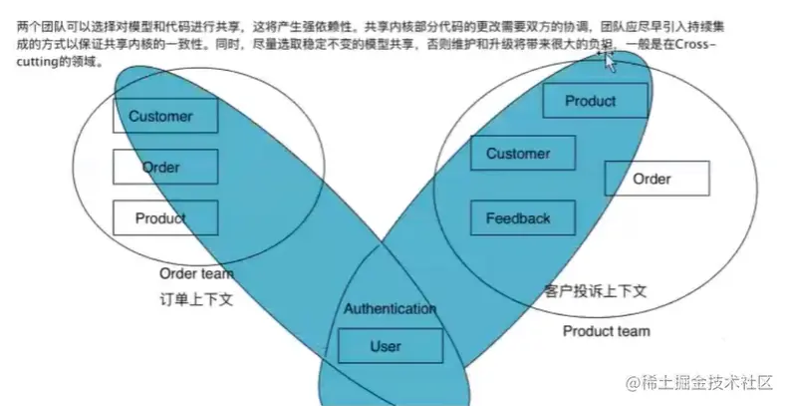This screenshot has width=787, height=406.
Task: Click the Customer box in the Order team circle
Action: [160, 117]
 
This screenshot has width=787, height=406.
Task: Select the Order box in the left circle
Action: [160, 167]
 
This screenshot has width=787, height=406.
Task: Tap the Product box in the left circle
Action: [160, 218]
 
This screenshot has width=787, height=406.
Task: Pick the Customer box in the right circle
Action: [517, 154]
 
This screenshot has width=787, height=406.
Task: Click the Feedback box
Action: [517, 218]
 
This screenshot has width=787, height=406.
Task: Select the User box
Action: [385, 346]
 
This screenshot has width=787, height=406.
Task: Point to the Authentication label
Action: [390, 308]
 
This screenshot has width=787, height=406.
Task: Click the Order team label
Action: [196, 273]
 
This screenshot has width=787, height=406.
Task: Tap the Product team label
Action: [606, 331]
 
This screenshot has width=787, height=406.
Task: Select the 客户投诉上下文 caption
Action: [596, 292]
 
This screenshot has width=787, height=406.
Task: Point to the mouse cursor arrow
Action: [610, 62]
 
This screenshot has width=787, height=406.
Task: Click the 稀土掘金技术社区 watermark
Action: [707, 383]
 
